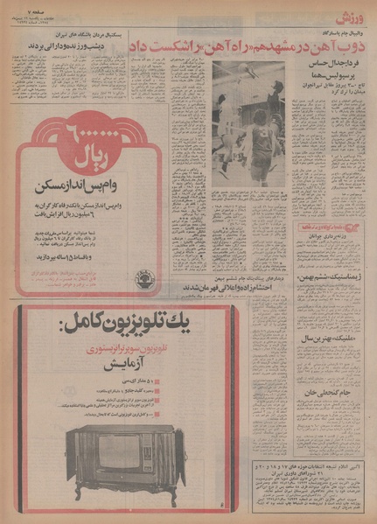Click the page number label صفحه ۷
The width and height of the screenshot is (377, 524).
[x=23, y=7]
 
